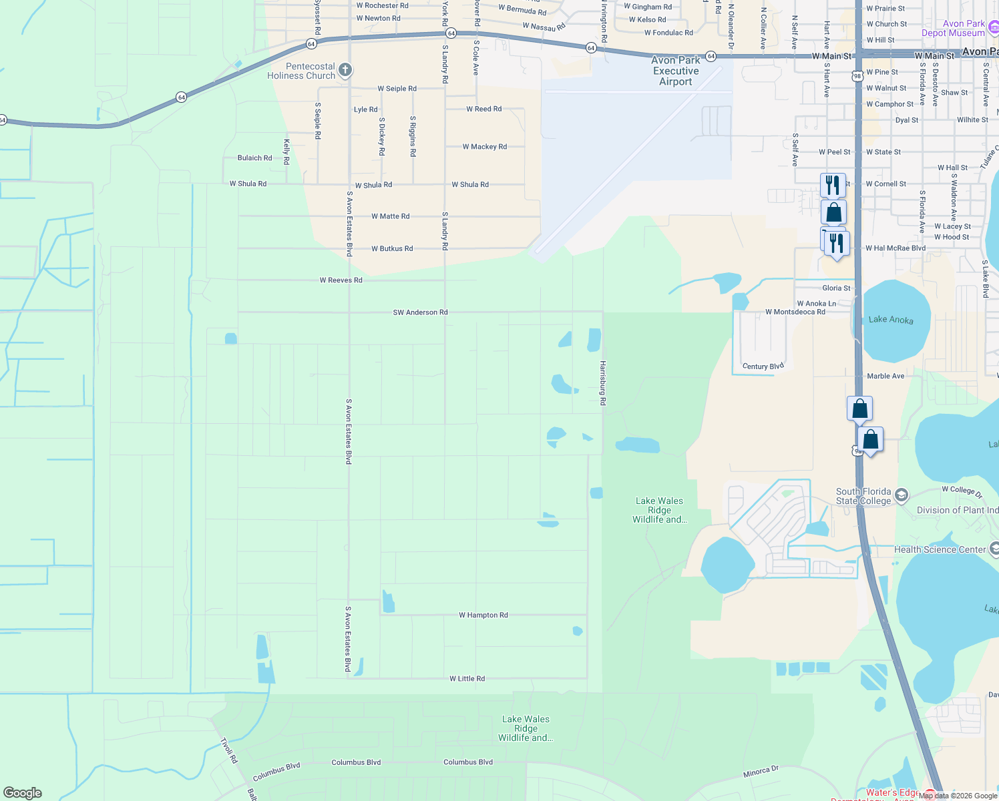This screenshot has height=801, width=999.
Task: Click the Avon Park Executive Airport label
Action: [x=676, y=71]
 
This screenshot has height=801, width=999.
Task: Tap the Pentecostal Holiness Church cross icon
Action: [x=345, y=70]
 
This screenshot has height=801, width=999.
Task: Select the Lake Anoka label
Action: [x=891, y=320]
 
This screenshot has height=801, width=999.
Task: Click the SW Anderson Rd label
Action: [x=420, y=312]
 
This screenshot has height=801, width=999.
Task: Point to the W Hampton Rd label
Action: [x=483, y=615]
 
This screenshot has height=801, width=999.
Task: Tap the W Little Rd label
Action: [x=467, y=679]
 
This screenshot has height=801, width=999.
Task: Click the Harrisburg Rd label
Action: [x=602, y=383]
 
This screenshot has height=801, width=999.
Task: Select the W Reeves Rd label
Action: [x=341, y=280]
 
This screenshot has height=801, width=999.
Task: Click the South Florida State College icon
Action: [x=902, y=495]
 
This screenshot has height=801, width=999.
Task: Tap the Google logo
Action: [x=23, y=793]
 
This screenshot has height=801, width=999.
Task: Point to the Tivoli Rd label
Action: [x=229, y=751]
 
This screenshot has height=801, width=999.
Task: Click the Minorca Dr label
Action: [x=761, y=772]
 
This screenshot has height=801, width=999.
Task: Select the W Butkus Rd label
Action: [x=392, y=249]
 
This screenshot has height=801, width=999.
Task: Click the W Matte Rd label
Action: [x=391, y=216]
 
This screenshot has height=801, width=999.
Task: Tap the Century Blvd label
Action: [x=763, y=366]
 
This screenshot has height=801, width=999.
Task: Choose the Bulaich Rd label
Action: [x=255, y=158]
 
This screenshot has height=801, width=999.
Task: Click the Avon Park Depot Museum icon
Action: [x=994, y=28]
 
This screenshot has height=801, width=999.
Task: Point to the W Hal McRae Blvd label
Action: [x=895, y=248]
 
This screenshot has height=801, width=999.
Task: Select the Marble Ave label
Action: [x=885, y=376]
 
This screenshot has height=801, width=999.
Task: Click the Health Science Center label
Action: [x=940, y=550]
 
